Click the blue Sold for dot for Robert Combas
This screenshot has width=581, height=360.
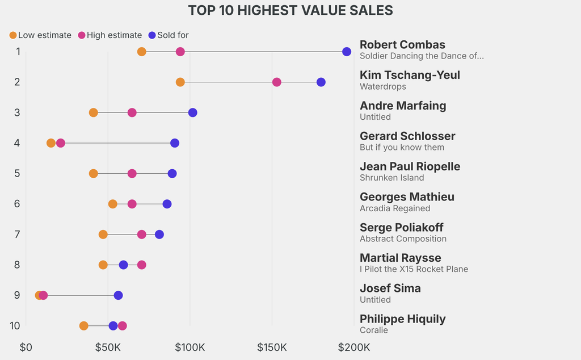coord(347,52)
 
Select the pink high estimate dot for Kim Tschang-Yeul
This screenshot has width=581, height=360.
coord(276,82)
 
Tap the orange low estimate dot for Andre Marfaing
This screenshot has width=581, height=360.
coord(93,113)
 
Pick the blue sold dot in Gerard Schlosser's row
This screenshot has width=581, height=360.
coord(175,143)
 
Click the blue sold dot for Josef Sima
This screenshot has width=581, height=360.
coord(118,295)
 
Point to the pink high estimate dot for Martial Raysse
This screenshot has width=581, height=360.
coord(141,265)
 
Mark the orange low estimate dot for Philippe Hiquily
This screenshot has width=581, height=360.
coord(84,326)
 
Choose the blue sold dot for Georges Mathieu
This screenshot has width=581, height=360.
coord(167,204)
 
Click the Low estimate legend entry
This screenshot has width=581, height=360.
coord(40,35)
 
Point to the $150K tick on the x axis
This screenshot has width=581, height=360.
coord(272,347)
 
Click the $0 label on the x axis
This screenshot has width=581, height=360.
coord(26,347)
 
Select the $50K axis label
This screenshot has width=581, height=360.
coord(108,347)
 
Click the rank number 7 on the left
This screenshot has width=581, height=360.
coord(18,234)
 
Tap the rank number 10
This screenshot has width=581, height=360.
coord(15,325)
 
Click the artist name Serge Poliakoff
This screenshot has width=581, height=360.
coord(402,227)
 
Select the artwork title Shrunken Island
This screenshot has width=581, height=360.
coord(392,178)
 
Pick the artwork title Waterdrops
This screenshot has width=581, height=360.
coord(383,86)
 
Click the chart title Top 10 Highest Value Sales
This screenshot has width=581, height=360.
coord(290,10)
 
